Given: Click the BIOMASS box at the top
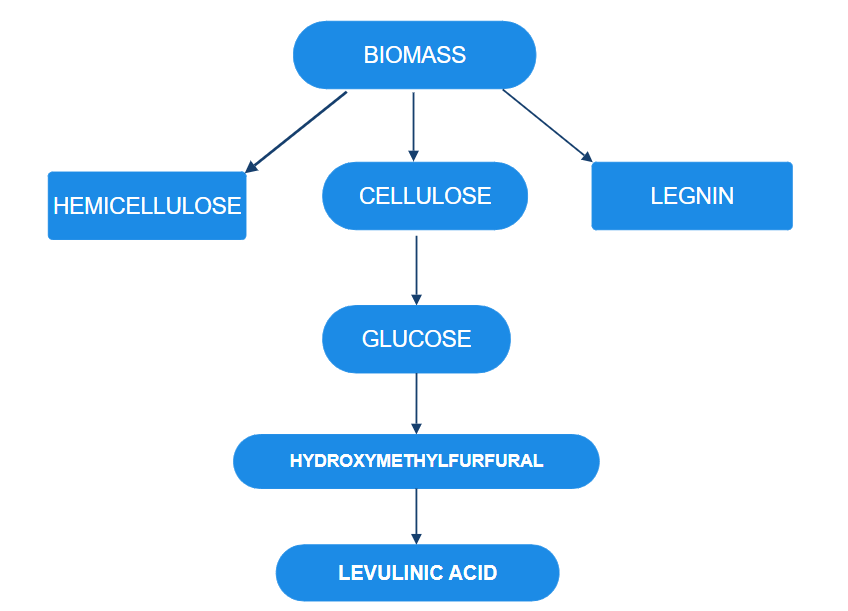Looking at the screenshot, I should click(x=414, y=55).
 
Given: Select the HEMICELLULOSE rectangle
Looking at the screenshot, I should click(x=147, y=206).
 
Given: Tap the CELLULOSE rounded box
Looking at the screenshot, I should click(x=425, y=196).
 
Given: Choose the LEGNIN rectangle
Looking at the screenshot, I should click(x=692, y=196).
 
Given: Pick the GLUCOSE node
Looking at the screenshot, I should click(x=416, y=339).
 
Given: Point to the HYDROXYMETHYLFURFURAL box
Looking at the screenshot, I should click(x=416, y=461).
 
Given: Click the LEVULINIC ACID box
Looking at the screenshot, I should click(x=417, y=573).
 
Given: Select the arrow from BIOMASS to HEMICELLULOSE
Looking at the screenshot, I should click(x=297, y=131).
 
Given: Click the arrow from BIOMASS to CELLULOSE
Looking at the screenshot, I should click(x=413, y=125).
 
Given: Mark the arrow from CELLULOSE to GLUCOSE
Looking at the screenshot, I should click(x=416, y=268).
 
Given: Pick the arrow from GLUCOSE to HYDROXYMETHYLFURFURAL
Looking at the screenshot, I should click(x=416, y=402).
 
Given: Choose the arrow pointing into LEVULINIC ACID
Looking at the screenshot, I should click(x=416, y=515).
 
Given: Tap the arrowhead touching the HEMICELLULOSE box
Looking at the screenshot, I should click(x=252, y=167).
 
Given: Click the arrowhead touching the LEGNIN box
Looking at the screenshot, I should click(x=586, y=156).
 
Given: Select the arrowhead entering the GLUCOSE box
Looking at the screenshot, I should click(x=416, y=298).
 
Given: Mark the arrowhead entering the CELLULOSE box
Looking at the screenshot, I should click(x=413, y=154).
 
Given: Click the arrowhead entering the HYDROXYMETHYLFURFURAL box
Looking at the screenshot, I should click(x=416, y=427).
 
